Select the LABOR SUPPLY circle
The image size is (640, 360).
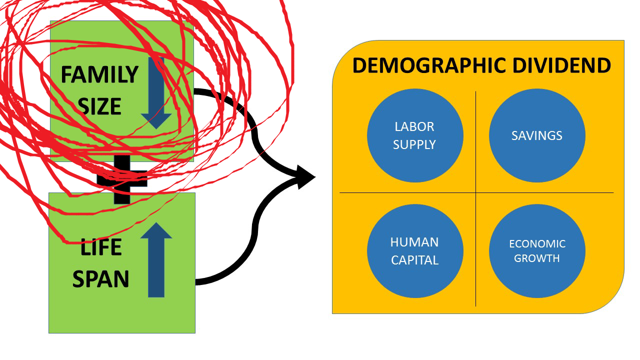click(x=415, y=135)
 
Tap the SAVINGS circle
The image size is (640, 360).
click(x=537, y=135)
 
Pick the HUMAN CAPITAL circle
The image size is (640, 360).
click(x=415, y=251)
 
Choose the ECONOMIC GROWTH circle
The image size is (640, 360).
click(x=537, y=251)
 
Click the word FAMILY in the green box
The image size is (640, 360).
click(x=99, y=75)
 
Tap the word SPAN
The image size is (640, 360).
click(x=100, y=279)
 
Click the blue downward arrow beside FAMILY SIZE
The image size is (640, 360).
click(x=156, y=95)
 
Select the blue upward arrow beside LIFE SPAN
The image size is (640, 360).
click(x=156, y=260)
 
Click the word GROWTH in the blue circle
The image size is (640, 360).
click(x=537, y=258)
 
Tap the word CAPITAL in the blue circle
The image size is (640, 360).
click(x=414, y=260)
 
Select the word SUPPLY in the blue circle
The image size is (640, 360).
click(x=414, y=144)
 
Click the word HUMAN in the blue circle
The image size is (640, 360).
click(x=414, y=242)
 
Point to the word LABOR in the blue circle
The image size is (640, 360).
click(x=414, y=126)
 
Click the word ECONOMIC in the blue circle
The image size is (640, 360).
click(x=537, y=244)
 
